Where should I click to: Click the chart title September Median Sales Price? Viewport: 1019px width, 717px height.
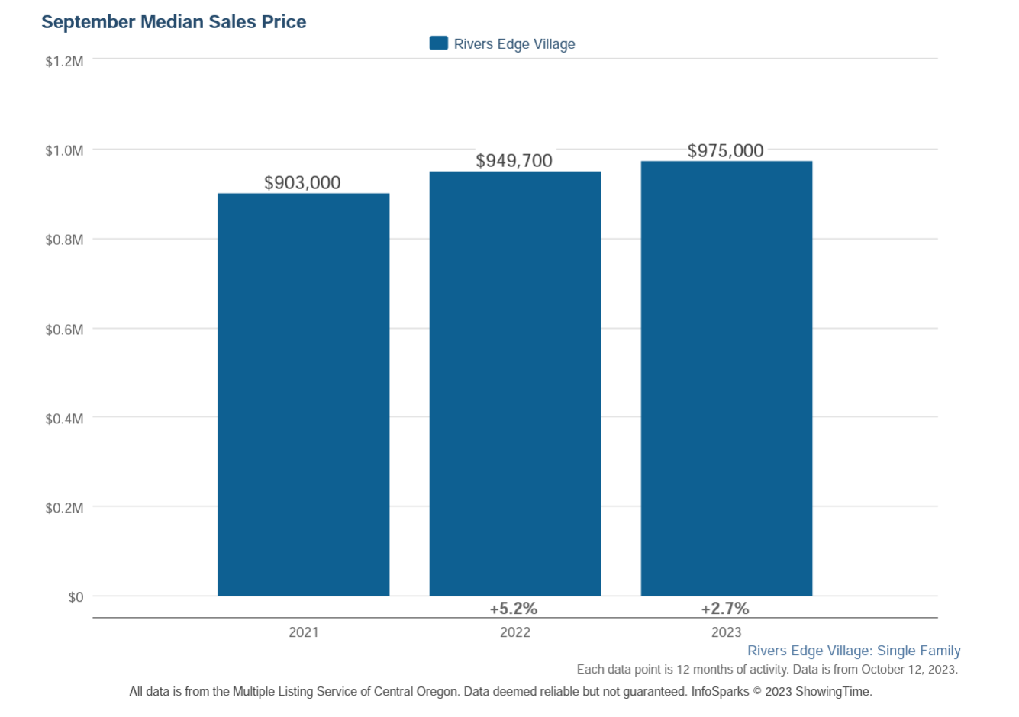tap(173, 22)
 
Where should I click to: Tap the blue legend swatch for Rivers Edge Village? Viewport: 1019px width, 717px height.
tap(439, 43)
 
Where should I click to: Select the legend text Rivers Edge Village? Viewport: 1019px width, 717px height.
tap(514, 44)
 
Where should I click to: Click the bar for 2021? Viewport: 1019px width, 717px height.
tap(303, 394)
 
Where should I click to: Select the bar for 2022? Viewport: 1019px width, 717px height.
tap(514, 384)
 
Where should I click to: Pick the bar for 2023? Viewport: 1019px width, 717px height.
tap(726, 378)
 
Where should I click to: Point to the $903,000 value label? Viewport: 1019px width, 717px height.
tap(302, 183)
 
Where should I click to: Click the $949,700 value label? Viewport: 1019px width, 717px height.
tap(514, 161)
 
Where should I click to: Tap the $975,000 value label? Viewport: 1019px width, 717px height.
tap(725, 151)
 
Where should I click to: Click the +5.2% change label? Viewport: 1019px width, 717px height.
tap(514, 609)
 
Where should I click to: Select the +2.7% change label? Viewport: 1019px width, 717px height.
tap(725, 609)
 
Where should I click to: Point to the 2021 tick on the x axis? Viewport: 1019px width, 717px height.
tap(303, 632)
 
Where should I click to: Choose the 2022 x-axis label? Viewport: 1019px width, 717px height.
tap(514, 632)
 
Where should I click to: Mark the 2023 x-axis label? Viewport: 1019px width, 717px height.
tap(726, 632)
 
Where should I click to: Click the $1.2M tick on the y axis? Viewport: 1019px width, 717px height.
tap(64, 62)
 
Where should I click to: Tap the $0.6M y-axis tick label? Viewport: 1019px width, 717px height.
tap(64, 330)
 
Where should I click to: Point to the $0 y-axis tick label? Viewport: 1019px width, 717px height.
tap(76, 597)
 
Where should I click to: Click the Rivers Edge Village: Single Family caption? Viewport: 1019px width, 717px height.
tap(853, 651)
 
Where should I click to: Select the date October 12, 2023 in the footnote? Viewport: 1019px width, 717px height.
tap(908, 670)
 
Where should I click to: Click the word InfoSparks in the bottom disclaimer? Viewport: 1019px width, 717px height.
tap(720, 692)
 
